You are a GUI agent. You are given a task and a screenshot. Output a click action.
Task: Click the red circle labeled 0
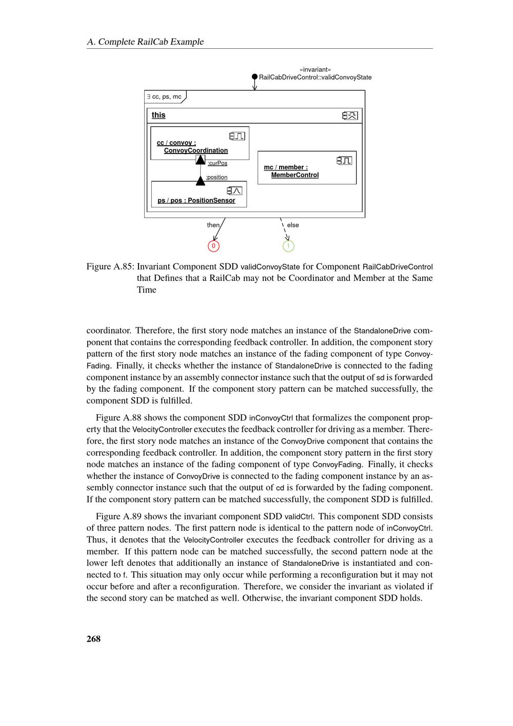click(x=213, y=246)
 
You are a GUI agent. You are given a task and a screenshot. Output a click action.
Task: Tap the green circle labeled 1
click(x=288, y=246)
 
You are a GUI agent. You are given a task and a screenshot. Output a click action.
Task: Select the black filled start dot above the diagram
click(x=254, y=77)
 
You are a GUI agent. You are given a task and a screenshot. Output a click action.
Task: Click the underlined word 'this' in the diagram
click(x=159, y=115)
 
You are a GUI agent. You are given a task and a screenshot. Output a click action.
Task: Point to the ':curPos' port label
click(x=218, y=163)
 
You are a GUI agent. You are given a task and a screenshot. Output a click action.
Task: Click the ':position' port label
click(x=216, y=177)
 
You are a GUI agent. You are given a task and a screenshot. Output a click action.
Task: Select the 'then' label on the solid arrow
click(x=213, y=225)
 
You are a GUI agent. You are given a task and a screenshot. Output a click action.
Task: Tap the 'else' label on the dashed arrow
click(x=293, y=225)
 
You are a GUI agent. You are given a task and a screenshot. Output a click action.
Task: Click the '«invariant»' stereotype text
click(x=315, y=69)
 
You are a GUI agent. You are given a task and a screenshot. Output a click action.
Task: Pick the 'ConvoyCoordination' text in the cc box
click(x=195, y=150)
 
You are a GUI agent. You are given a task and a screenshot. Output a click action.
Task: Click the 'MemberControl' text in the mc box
click(x=294, y=175)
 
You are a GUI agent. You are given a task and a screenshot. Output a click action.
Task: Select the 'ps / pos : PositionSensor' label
click(x=196, y=200)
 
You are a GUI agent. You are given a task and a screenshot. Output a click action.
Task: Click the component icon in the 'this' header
click(x=350, y=116)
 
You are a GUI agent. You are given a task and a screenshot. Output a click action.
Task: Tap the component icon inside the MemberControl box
click(x=344, y=160)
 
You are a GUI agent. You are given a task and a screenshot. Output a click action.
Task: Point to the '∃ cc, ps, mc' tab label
click(x=164, y=97)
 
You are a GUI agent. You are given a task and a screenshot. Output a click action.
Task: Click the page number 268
click(x=93, y=639)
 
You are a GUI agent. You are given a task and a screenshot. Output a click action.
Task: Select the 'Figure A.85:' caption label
click(x=110, y=266)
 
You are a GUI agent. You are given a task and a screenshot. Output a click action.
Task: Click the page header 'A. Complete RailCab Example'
click(x=145, y=42)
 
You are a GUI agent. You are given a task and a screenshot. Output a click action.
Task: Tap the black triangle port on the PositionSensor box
click(x=201, y=181)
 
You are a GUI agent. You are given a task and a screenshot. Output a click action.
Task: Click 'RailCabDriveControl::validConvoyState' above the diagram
click(x=315, y=77)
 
